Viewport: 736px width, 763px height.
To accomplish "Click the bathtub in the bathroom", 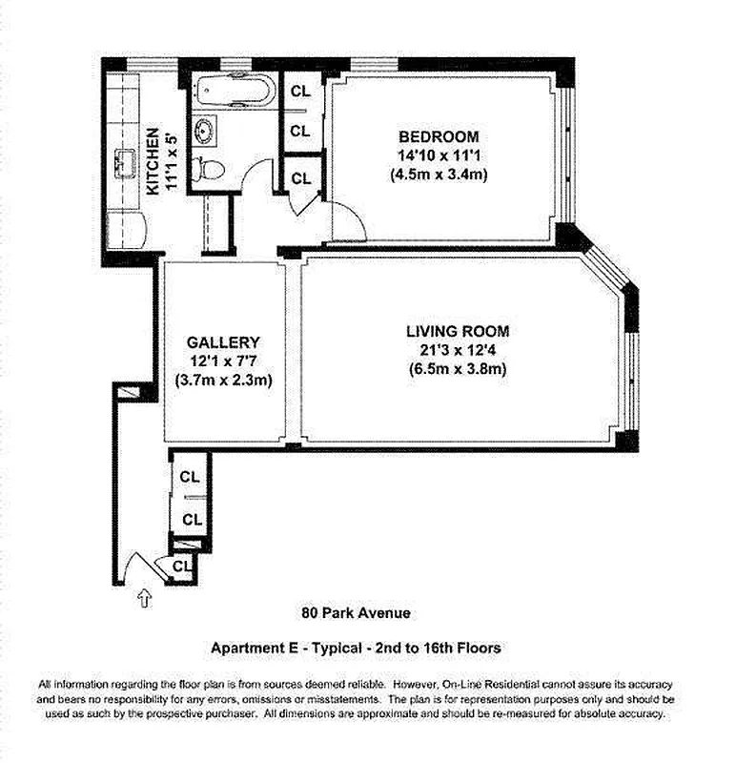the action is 235,90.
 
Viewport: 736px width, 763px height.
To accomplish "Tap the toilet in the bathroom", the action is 209,170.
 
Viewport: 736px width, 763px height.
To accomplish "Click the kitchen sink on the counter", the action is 126,163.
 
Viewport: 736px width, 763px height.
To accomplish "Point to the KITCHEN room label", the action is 153,161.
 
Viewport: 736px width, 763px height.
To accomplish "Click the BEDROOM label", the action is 439,136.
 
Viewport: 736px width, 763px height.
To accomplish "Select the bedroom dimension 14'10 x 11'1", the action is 439,155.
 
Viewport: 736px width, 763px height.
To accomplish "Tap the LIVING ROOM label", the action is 458,331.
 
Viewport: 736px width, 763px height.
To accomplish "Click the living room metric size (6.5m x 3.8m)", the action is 458,369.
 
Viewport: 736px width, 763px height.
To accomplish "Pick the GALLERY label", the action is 223,342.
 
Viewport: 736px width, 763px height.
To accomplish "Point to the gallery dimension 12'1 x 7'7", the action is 223,361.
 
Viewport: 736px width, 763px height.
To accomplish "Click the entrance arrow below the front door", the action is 145,598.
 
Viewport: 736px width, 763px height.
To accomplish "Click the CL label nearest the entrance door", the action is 182,566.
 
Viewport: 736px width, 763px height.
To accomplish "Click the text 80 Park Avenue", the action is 356,612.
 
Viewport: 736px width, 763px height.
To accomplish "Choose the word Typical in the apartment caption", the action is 337,649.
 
